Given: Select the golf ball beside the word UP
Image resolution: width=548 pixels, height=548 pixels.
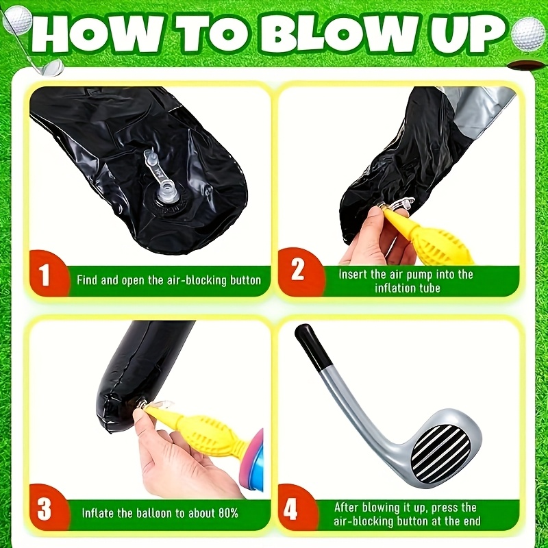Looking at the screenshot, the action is pyautogui.click(x=527, y=34).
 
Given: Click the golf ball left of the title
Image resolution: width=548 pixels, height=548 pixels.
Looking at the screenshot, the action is pyautogui.click(x=18, y=20).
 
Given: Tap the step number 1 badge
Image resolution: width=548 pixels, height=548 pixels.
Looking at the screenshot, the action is pyautogui.click(x=48, y=273).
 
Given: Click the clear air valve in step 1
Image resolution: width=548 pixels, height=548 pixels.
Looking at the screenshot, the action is pyautogui.click(x=162, y=178).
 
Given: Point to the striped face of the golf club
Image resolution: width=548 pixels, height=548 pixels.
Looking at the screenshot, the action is pyautogui.click(x=441, y=453).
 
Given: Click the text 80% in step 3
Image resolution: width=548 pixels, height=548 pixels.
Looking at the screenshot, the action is pyautogui.click(x=228, y=512).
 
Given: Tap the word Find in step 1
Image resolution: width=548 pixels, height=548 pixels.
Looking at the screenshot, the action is pyautogui.click(x=87, y=280).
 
